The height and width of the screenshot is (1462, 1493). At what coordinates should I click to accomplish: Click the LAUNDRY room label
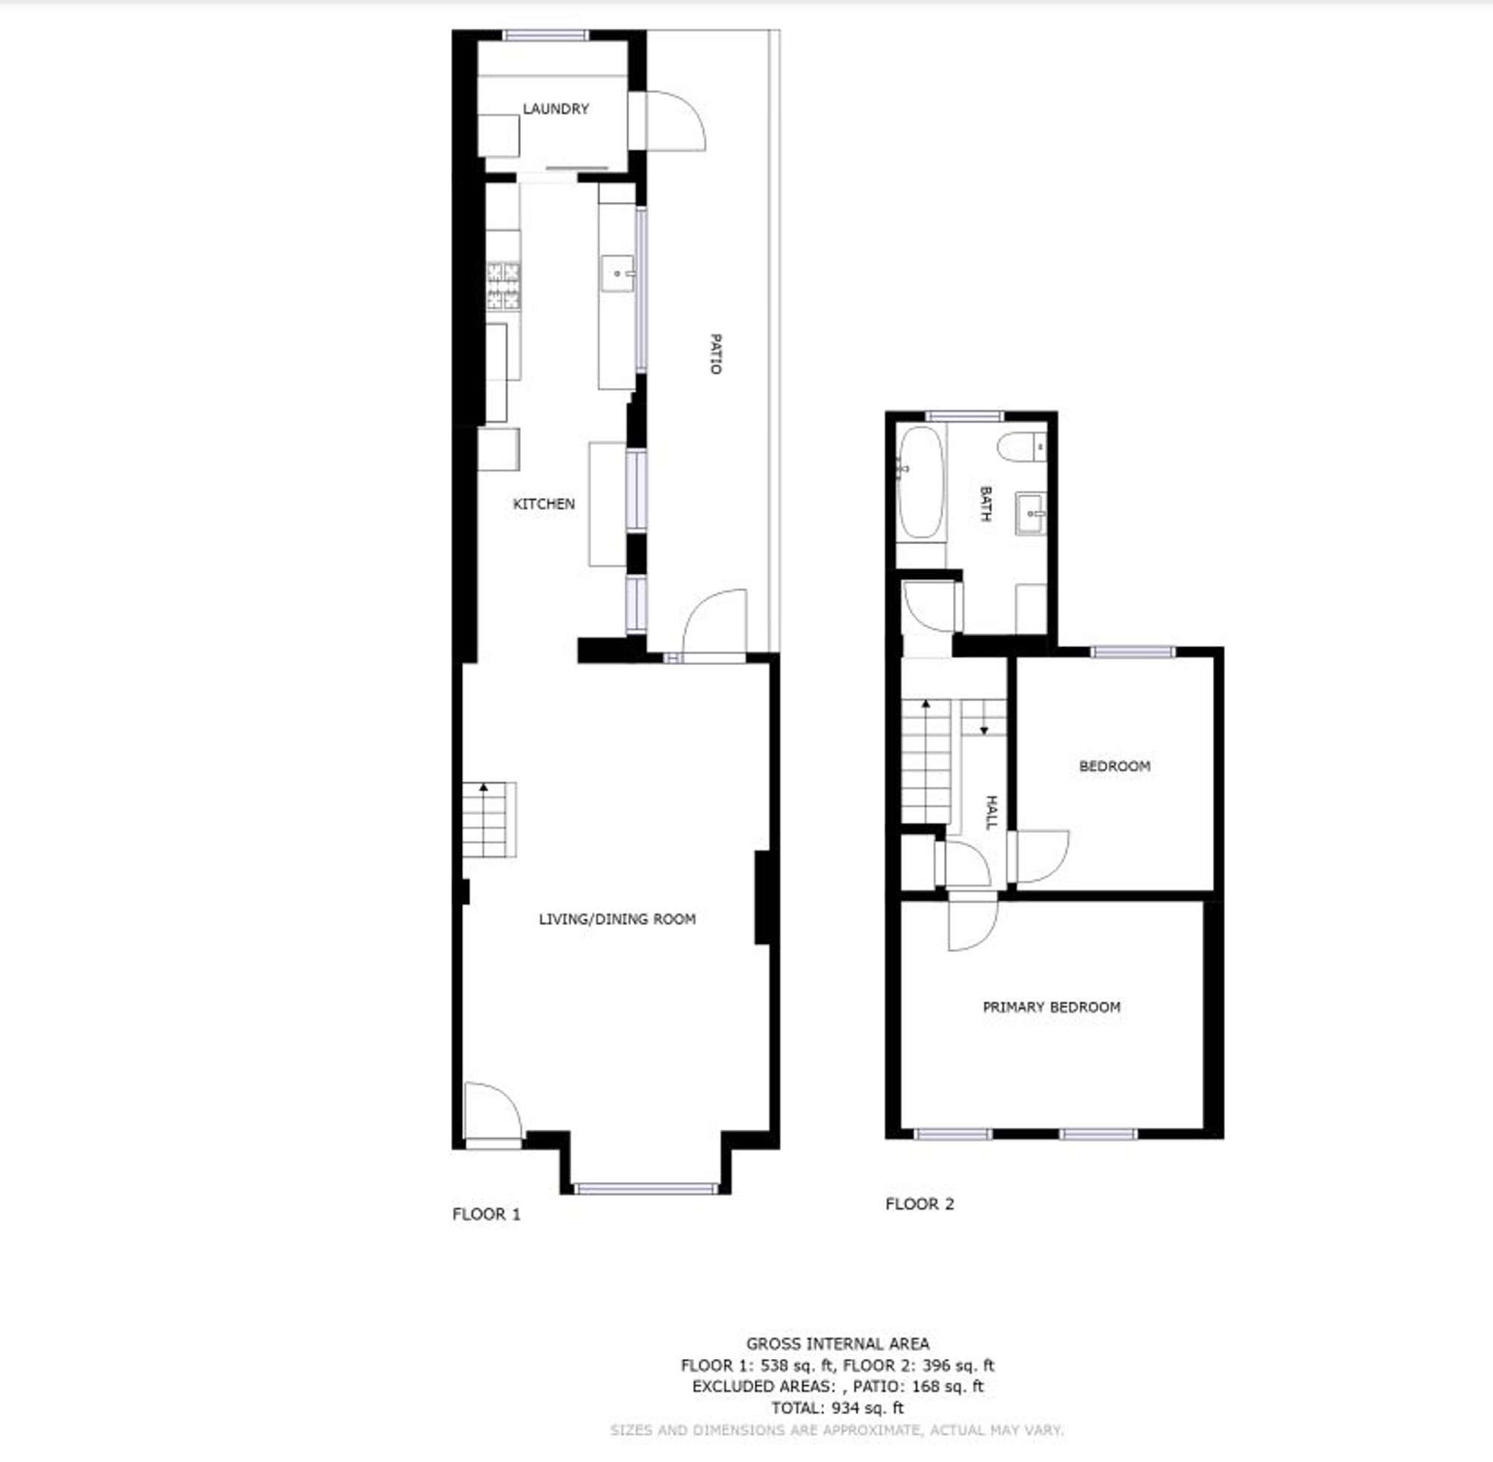click(555, 109)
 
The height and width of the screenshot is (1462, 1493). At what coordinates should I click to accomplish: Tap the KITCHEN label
click(543, 504)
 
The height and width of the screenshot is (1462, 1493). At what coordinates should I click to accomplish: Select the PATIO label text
click(715, 354)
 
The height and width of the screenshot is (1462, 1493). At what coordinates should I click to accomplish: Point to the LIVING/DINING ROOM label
click(617, 919)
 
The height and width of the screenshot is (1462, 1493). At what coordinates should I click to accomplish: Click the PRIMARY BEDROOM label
click(1050, 1007)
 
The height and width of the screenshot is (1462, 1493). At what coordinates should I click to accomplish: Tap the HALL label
click(991, 813)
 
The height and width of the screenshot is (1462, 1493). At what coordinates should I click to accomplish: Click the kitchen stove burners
click(503, 286)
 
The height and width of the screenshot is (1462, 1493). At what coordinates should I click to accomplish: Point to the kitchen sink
click(617, 273)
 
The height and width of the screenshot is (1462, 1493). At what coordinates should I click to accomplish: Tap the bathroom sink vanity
click(1031, 513)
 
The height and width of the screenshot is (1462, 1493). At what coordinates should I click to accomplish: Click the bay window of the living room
click(646, 1190)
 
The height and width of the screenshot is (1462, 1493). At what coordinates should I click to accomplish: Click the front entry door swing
click(491, 1113)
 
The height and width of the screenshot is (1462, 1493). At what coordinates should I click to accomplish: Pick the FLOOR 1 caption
click(486, 1214)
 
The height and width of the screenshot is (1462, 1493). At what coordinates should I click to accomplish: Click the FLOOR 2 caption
click(919, 1203)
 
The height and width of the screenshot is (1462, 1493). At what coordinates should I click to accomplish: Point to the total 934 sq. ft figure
click(837, 1408)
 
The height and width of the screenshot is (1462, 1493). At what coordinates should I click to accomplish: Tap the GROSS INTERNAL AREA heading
click(837, 1343)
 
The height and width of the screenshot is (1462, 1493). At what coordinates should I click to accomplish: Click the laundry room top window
click(545, 35)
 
